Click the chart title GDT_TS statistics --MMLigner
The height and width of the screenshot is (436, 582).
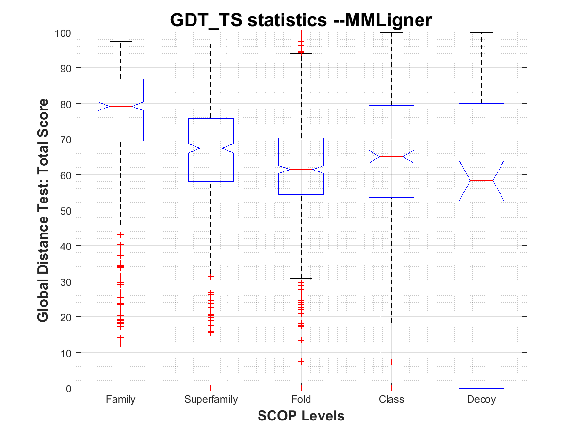click(x=301, y=20)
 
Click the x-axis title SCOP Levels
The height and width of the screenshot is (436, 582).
click(x=301, y=416)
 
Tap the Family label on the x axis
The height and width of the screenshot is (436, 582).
click(x=121, y=400)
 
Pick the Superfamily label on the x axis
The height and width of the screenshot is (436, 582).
click(x=211, y=400)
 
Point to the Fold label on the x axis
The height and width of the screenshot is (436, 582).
click(x=301, y=400)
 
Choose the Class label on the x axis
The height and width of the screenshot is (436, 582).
click(x=391, y=400)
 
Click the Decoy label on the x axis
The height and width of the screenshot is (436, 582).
click(x=482, y=400)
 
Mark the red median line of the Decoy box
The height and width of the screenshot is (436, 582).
click(x=482, y=180)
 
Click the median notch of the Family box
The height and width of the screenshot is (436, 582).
click(x=121, y=106)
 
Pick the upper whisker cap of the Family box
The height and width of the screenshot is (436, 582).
click(x=121, y=42)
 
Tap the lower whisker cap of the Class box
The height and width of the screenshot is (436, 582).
click(x=391, y=323)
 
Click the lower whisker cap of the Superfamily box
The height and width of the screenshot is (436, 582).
click(x=211, y=274)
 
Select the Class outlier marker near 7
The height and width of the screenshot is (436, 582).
click(x=391, y=362)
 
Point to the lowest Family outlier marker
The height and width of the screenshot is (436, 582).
click(x=121, y=343)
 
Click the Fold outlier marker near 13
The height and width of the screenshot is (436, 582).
click(x=301, y=340)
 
